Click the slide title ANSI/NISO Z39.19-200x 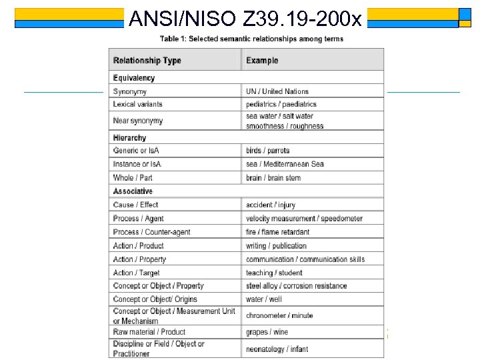(245, 19)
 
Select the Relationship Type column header (147, 61)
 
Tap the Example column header (262, 61)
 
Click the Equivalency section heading (134, 78)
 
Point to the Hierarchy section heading (129, 138)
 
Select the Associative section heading (133, 191)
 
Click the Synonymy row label (130, 91)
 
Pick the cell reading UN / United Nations (277, 91)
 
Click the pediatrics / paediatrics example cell (281, 104)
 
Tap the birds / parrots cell (267, 151)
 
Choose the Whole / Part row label (133, 177)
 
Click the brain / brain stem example (273, 177)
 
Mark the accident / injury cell (271, 205)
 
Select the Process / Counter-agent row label (151, 232)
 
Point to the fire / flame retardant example (277, 232)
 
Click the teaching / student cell (274, 273)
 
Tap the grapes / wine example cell (267, 332)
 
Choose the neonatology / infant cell (277, 349)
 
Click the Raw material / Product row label (149, 332)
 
